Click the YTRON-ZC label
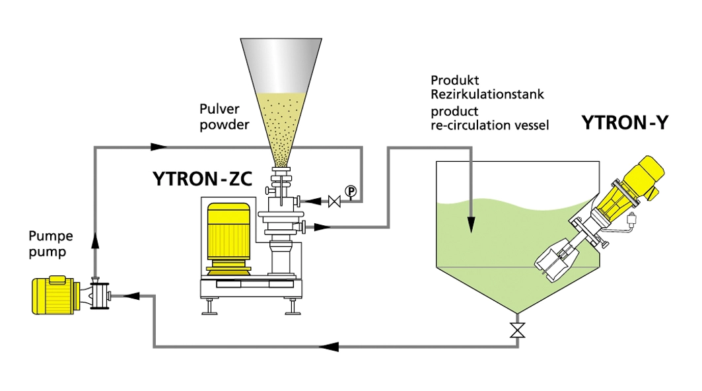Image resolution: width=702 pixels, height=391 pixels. [x=203, y=179]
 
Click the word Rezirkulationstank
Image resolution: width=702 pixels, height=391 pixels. [x=487, y=94]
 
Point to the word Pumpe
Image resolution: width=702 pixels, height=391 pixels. [x=51, y=236]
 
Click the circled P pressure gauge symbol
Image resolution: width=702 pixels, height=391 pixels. [x=351, y=192]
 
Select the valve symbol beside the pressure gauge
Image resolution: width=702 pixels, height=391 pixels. [x=334, y=201]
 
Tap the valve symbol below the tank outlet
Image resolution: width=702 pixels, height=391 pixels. [x=516, y=330]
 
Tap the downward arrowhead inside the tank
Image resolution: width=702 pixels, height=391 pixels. [x=471, y=225]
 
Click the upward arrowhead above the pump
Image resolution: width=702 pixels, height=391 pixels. [x=94, y=241]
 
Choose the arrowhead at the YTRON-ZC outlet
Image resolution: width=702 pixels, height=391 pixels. [x=323, y=227]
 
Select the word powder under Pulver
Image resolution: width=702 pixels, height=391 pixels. [x=224, y=124]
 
